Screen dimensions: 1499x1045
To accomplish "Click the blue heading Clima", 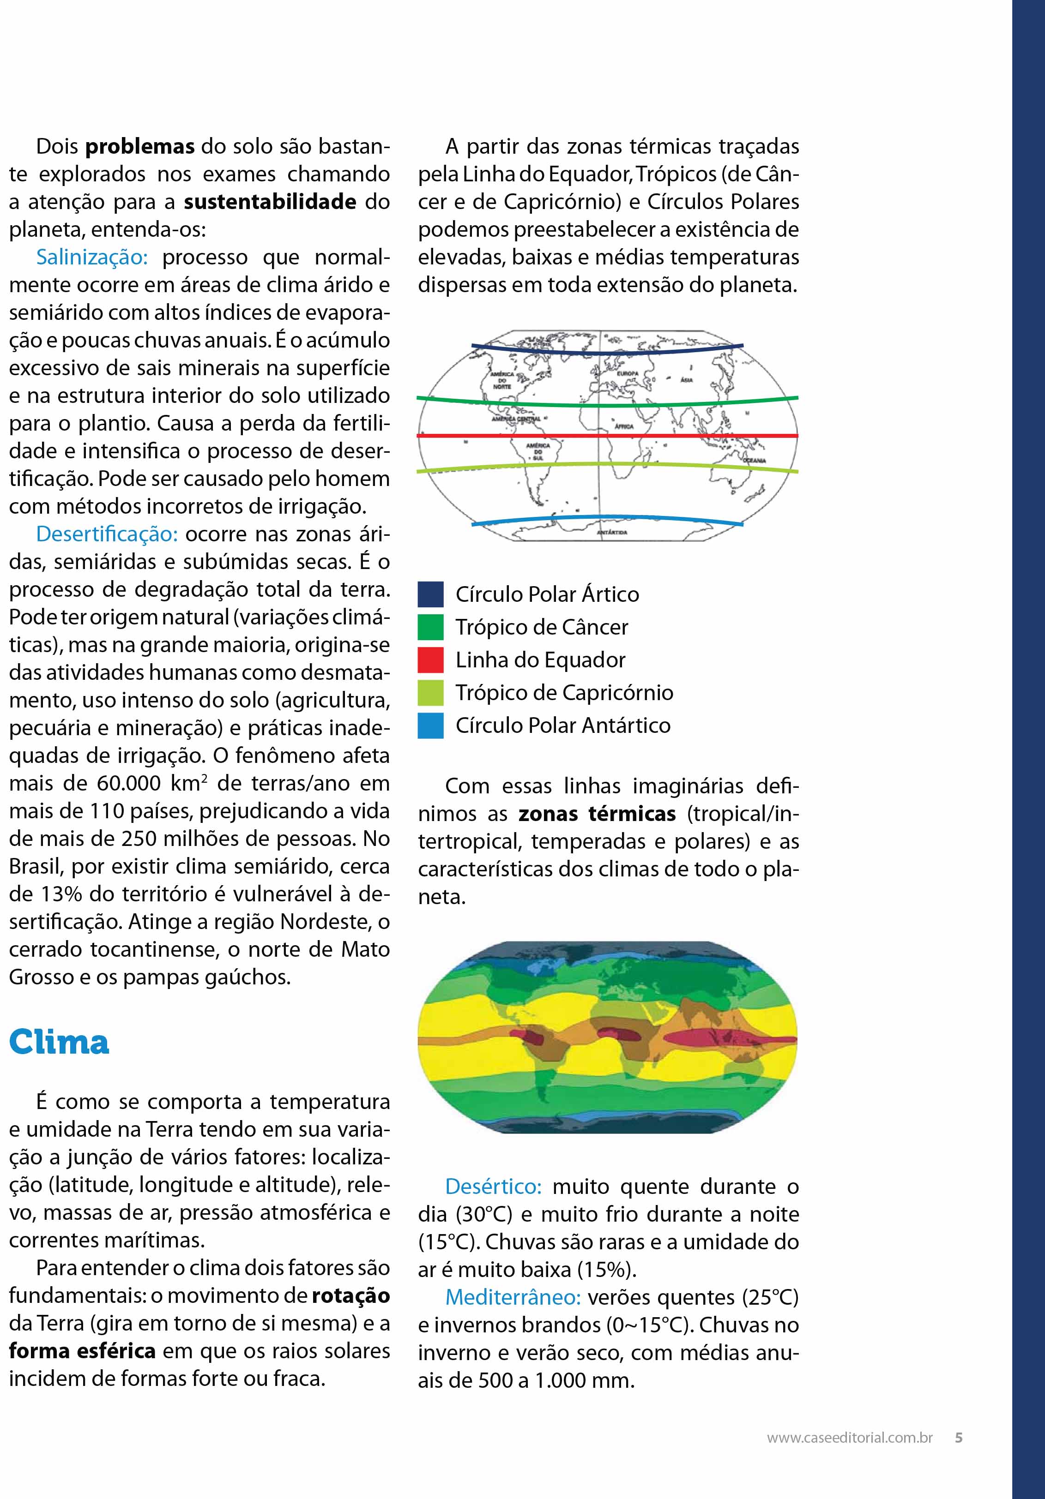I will coord(59,1042).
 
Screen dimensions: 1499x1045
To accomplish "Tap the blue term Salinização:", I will coord(92,257).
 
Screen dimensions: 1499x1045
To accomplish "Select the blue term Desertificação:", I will coord(107,534).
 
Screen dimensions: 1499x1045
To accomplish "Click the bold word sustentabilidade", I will coord(270,202).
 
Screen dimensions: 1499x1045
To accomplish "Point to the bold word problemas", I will coord(140,146).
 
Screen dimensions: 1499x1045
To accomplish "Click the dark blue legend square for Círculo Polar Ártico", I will coord(430,594).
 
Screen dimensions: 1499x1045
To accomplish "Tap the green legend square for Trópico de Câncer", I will coord(430,627).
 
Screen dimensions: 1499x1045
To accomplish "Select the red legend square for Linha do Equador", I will coord(430,660).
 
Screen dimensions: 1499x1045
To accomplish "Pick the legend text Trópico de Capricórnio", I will coord(564,692).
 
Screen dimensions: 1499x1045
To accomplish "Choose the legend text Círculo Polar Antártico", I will coord(563,726).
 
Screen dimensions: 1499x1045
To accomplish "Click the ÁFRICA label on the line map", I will coord(624,426).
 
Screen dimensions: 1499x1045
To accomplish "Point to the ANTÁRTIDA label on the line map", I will coord(612,533).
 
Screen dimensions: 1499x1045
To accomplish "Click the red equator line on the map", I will coord(686,436).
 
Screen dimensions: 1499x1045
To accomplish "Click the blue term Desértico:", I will coord(494,1186).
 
